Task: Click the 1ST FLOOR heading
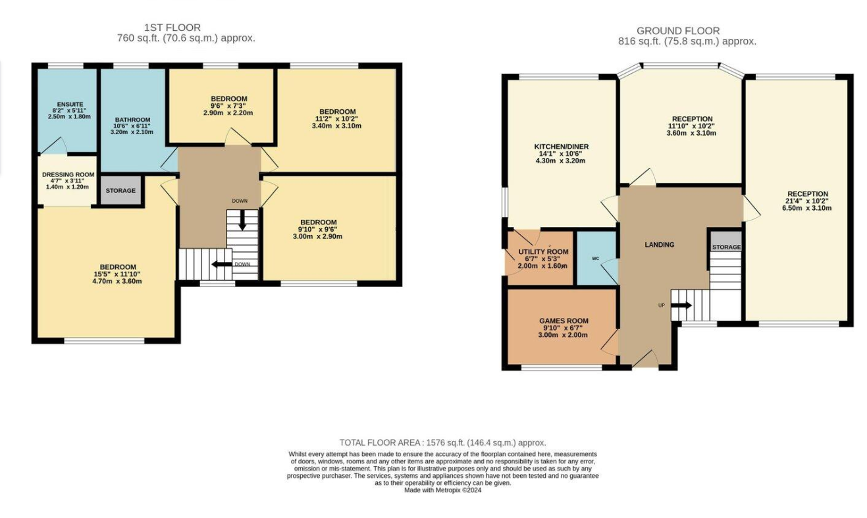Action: click(x=172, y=28)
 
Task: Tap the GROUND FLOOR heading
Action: click(x=678, y=30)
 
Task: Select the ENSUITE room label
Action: click(x=70, y=104)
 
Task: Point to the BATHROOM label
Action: click(x=132, y=120)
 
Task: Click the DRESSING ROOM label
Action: click(x=68, y=174)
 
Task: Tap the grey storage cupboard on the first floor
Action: click(x=120, y=190)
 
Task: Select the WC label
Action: click(x=595, y=259)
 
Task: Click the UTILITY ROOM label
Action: click(x=543, y=252)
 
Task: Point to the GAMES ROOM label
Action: click(x=564, y=321)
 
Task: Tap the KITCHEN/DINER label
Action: click(x=562, y=147)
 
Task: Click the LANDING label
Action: click(x=660, y=244)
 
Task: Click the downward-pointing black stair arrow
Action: click(x=242, y=220)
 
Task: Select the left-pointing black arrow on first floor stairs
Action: click(x=222, y=265)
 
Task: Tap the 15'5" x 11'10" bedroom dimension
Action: click(x=118, y=274)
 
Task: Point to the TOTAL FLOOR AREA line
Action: click(x=443, y=442)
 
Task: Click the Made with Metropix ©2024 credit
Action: click(x=443, y=490)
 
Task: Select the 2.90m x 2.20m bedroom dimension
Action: click(x=228, y=113)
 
